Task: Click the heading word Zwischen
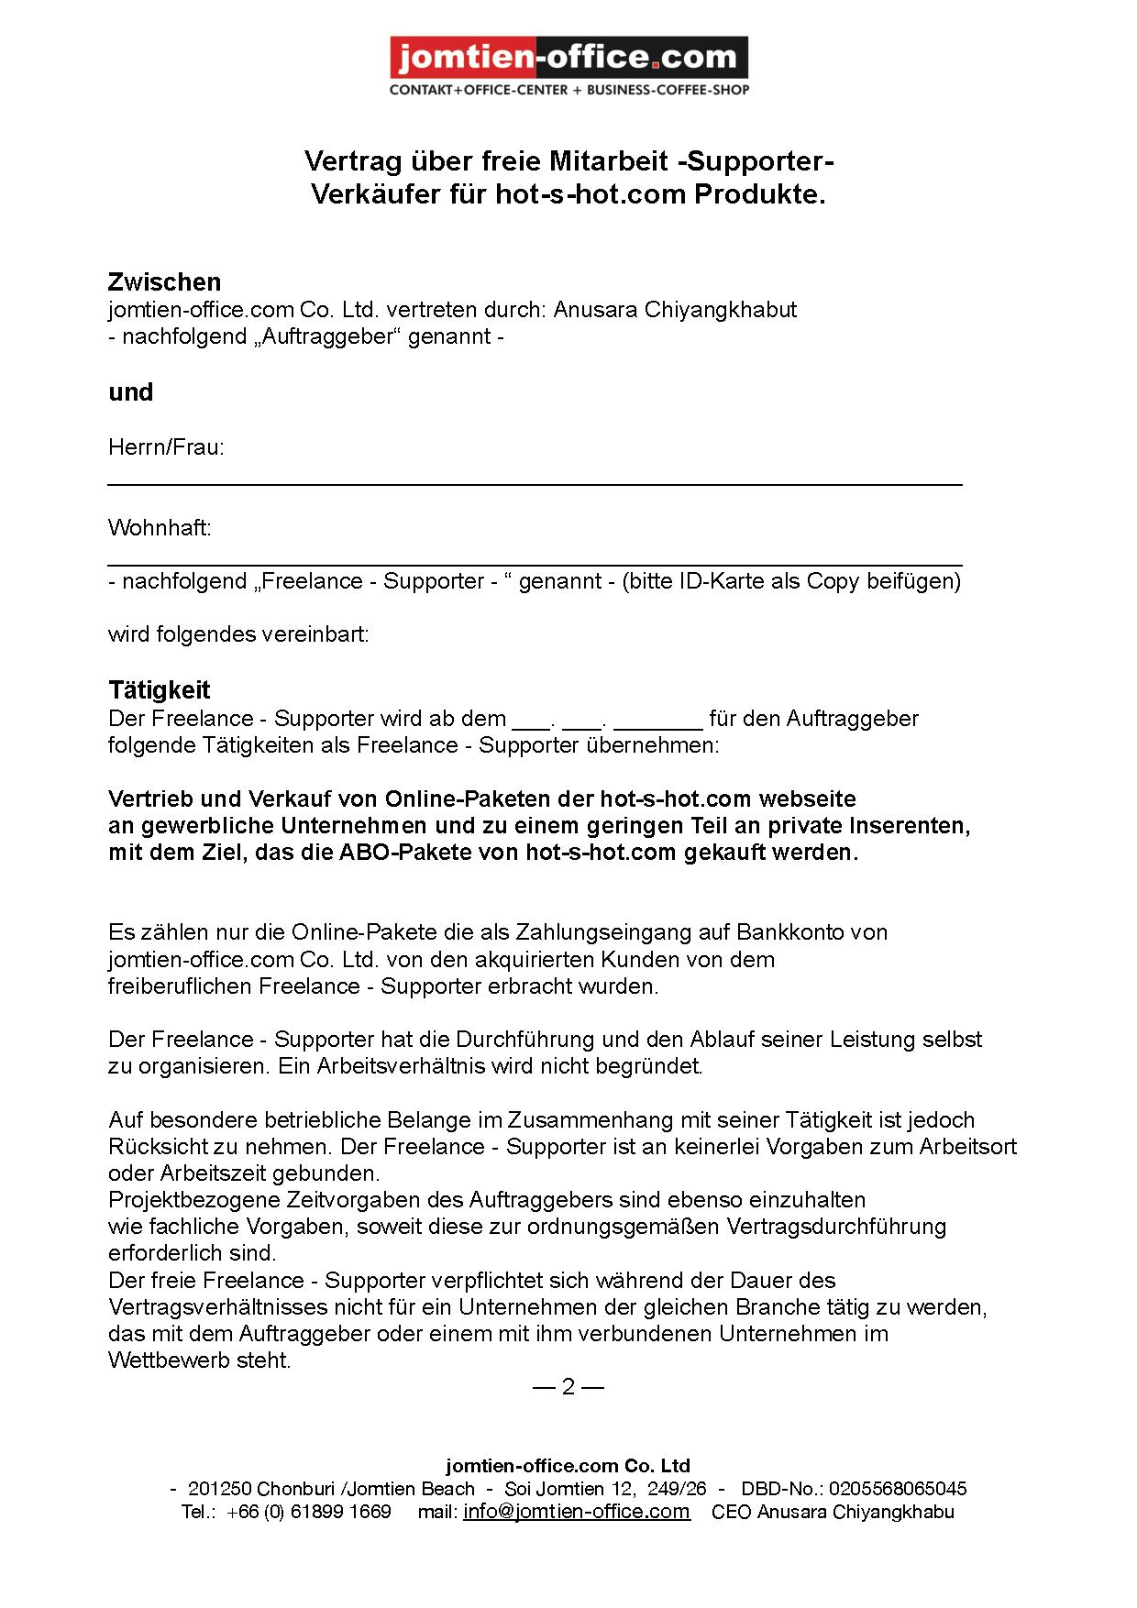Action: [164, 282]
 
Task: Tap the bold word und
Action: [130, 392]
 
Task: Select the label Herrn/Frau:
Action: [166, 447]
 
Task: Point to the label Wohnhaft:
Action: [160, 528]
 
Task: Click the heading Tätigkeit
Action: [160, 690]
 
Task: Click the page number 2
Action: [568, 1386]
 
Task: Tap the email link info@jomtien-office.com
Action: [576, 1512]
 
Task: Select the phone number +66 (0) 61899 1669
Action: [309, 1512]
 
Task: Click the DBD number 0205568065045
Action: [898, 1489]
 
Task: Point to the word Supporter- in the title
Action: [760, 161]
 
